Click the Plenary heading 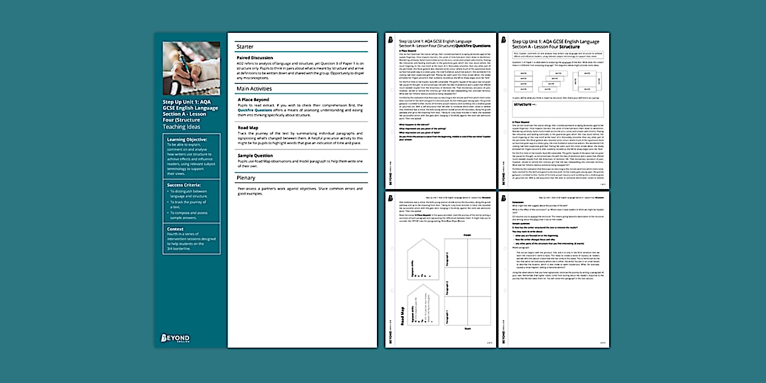point(246,178)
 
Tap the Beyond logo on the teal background point(175,338)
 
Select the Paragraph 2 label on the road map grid point(446,283)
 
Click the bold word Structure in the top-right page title point(569,46)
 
